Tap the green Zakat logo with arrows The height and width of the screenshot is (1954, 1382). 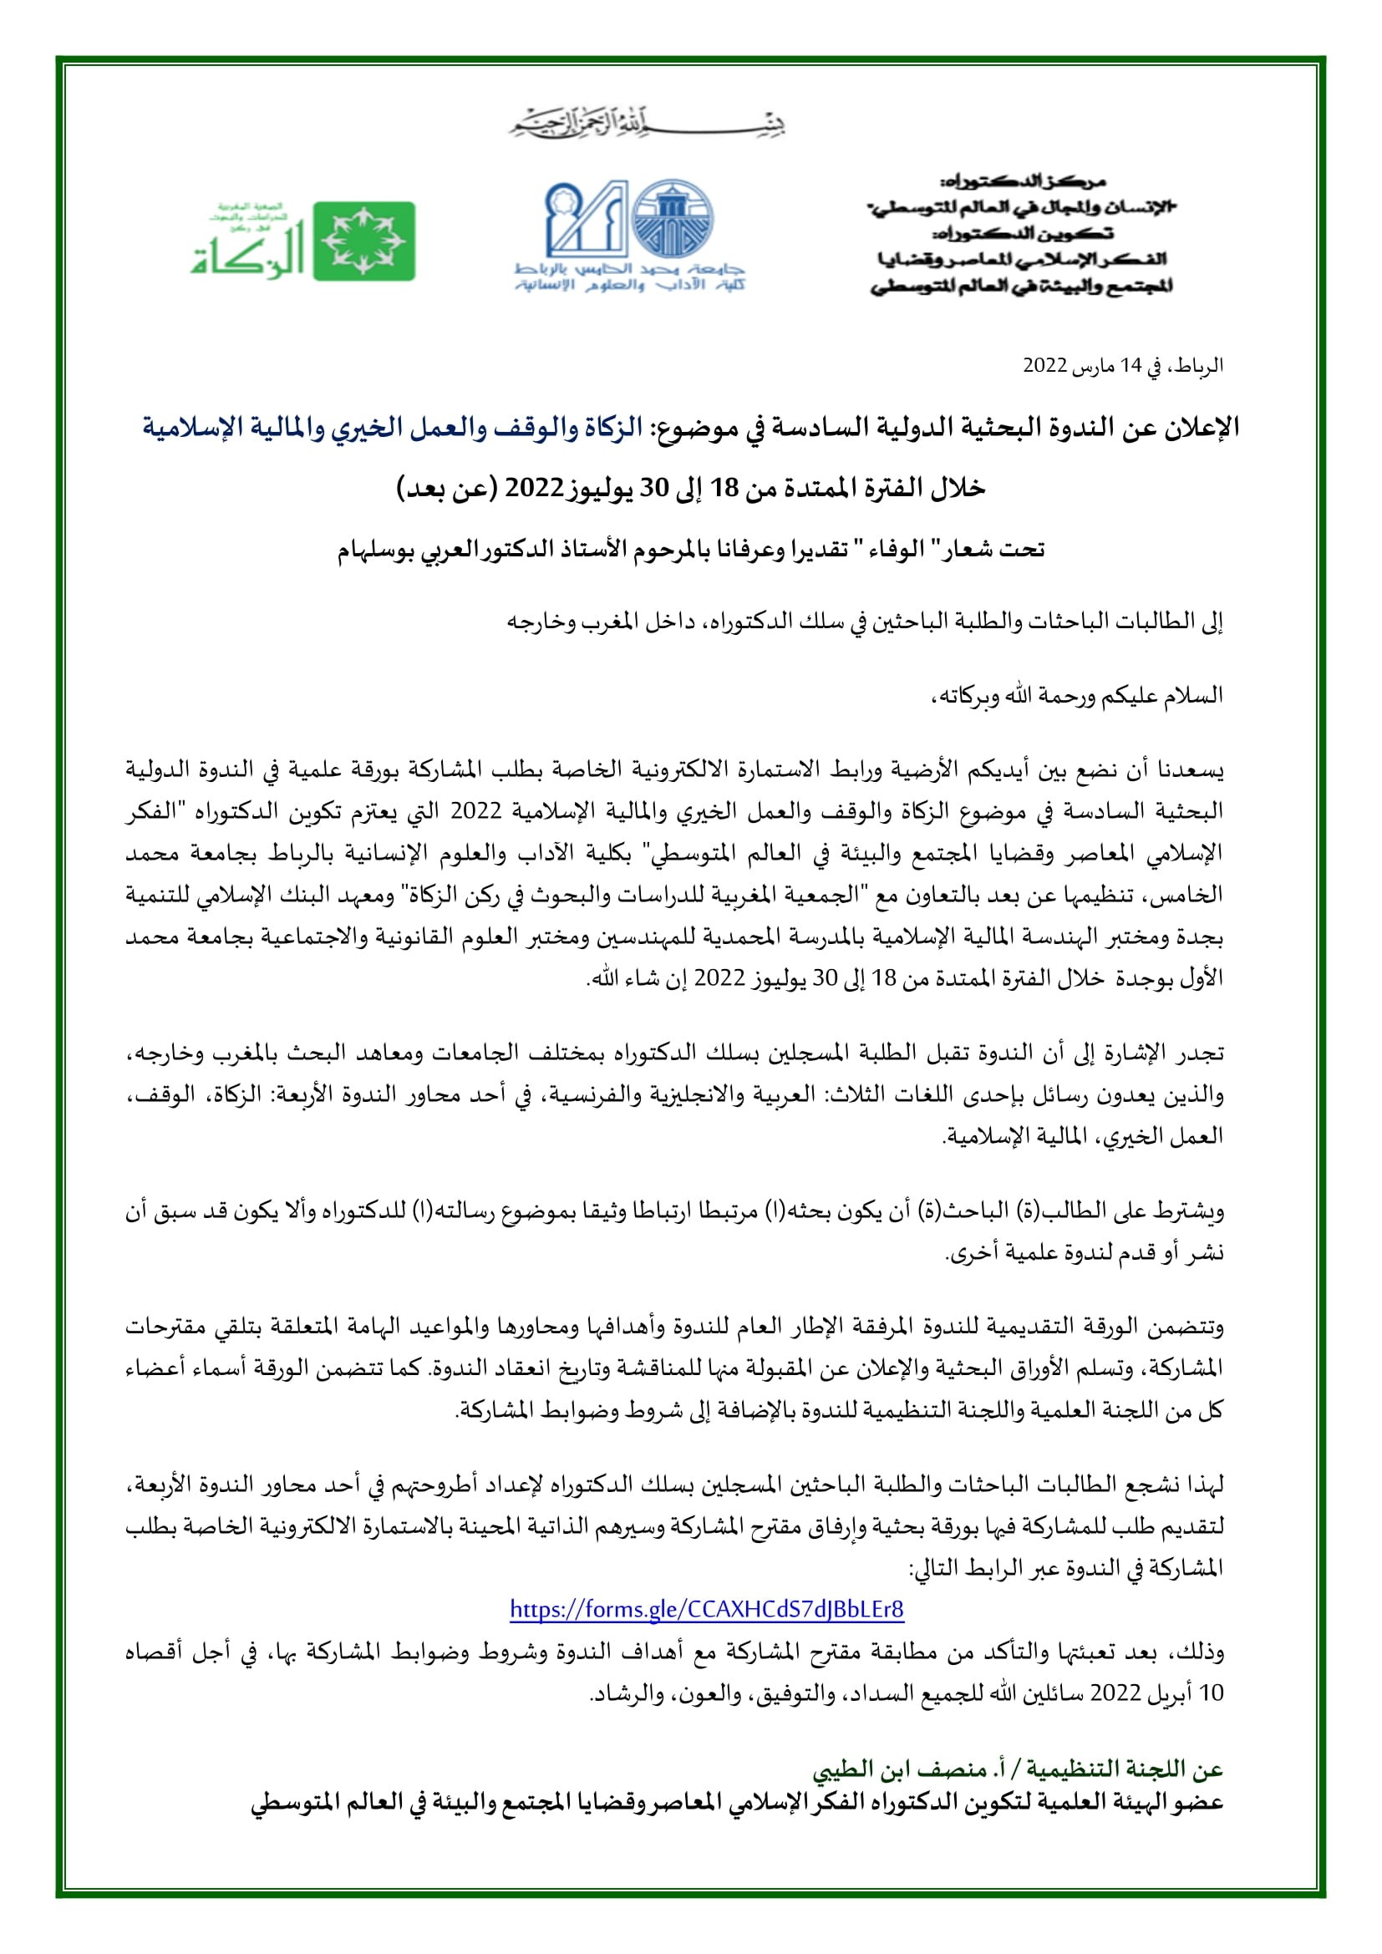[x=364, y=241]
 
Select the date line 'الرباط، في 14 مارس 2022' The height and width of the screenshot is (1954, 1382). [x=1122, y=366]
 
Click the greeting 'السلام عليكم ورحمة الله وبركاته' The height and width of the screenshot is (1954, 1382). [x=1077, y=695]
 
